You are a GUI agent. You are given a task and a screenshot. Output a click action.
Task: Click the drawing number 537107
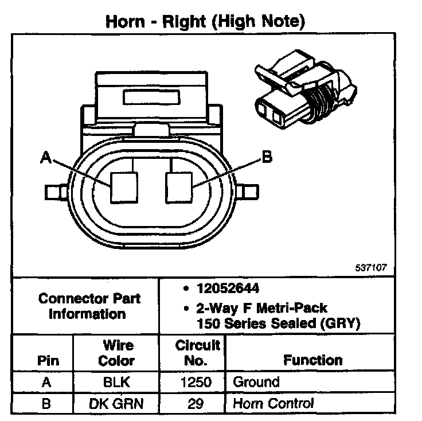point(372,267)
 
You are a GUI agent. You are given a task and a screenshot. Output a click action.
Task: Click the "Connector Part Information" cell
point(88,306)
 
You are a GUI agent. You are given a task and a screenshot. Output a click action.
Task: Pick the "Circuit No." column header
point(197,353)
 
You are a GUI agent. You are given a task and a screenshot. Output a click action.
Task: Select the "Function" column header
point(312,360)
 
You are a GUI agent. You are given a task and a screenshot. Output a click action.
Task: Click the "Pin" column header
point(48,361)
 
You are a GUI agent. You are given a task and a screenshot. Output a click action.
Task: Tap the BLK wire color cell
point(116,382)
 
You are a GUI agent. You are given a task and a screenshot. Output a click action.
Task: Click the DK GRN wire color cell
point(116,403)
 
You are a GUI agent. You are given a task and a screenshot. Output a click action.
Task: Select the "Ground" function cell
point(256,382)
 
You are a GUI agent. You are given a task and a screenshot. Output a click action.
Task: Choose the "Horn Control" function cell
point(273,403)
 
